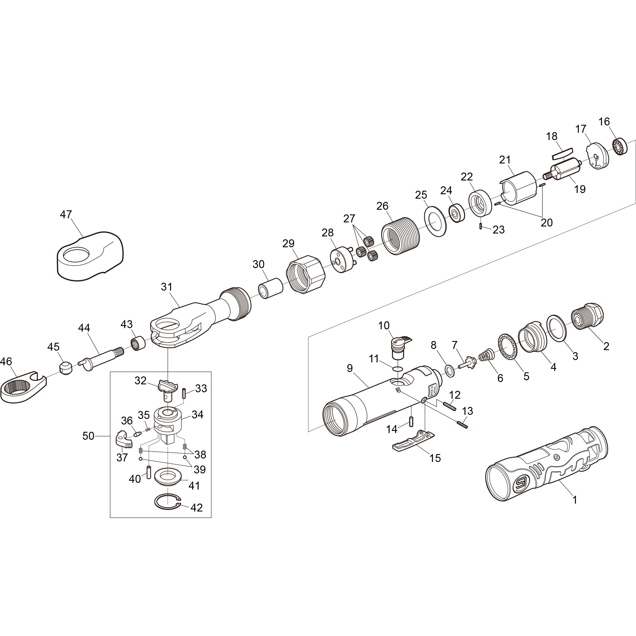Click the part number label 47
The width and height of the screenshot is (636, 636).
point(66,215)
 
